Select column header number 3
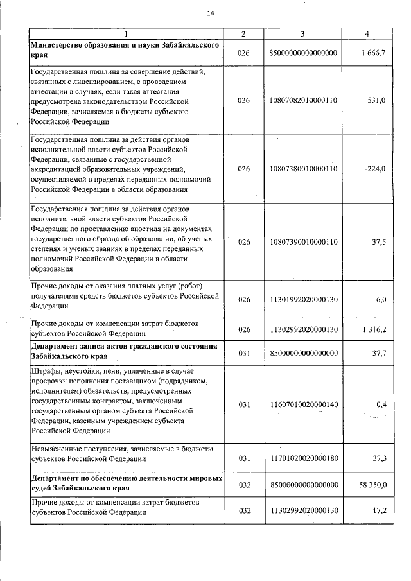click(302, 33)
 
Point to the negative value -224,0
click(374, 169)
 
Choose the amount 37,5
click(377, 242)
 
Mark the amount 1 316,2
click(374, 329)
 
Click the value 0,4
click(380, 404)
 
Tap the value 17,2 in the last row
click(379, 511)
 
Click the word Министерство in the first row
click(59, 45)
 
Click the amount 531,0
click(376, 101)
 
